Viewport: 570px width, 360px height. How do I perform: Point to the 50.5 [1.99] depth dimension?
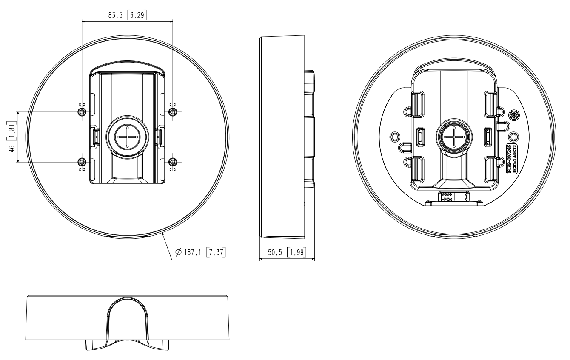coord(286,253)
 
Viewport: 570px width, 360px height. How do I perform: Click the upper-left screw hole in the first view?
coord(82,111)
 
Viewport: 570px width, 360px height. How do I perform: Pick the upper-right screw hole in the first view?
coord(172,111)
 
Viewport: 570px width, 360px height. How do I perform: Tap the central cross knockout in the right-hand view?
coord(453,137)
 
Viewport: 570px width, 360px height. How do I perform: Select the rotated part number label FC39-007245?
coord(509,158)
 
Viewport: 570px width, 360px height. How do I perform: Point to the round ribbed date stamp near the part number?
coord(514,115)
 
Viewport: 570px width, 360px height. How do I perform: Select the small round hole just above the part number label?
coord(513,137)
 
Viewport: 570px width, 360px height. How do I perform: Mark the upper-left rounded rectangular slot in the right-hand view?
coord(419,102)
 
